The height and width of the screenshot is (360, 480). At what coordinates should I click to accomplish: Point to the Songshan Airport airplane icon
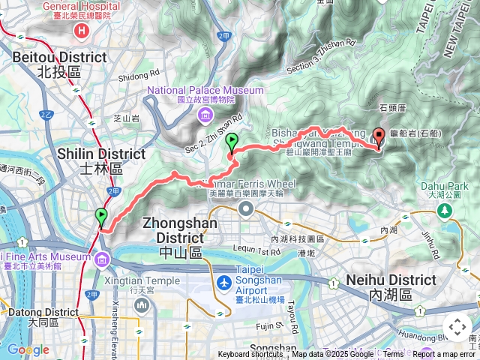click(x=223, y=283)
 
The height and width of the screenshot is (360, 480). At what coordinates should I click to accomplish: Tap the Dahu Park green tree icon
click(x=445, y=211)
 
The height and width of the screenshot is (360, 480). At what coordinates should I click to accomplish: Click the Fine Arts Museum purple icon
click(x=102, y=259)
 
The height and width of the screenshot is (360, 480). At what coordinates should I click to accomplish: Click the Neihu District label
click(x=391, y=280)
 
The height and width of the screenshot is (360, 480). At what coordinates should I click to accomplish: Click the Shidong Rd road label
click(x=134, y=73)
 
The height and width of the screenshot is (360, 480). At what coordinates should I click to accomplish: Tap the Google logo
click(x=28, y=349)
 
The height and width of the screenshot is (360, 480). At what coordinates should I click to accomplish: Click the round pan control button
click(x=457, y=327)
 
